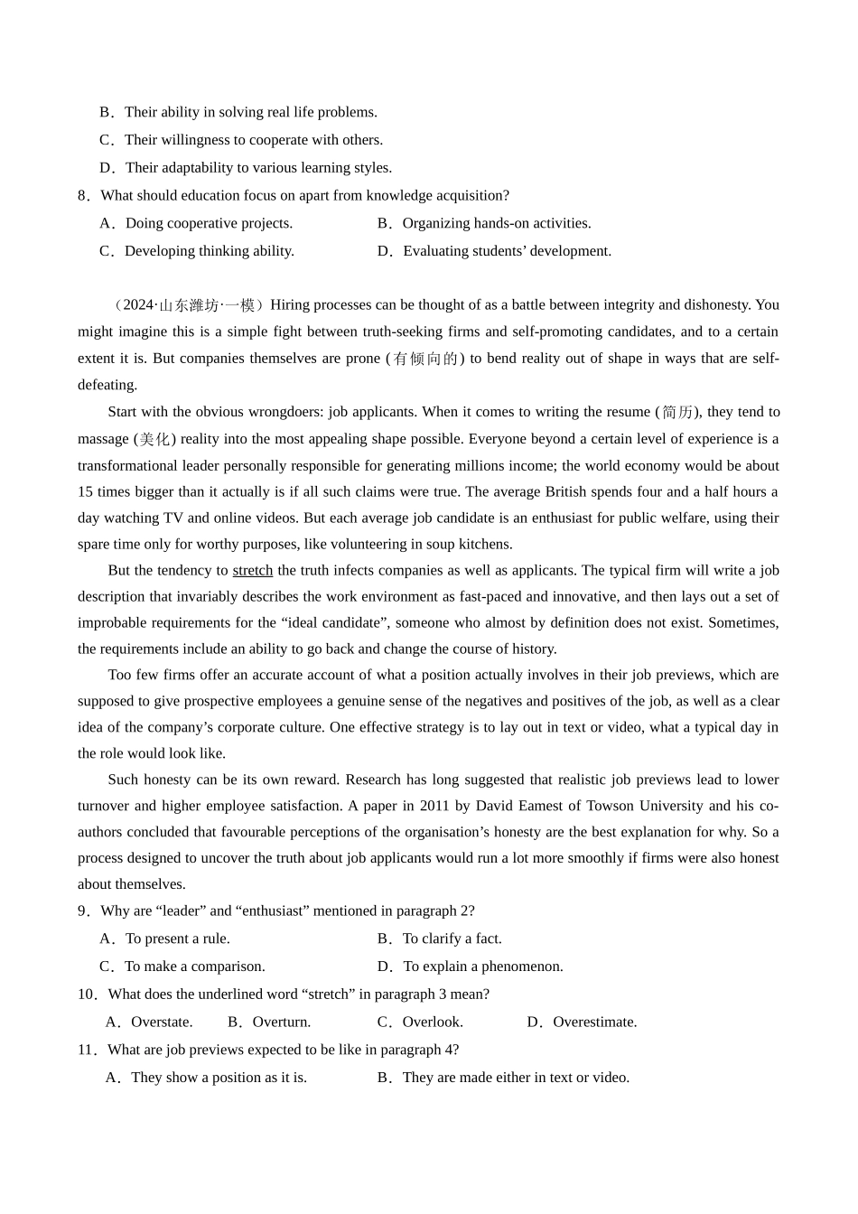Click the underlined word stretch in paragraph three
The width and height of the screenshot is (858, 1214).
pyautogui.click(x=252, y=570)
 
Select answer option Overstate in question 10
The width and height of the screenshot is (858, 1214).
pyautogui.click(x=161, y=1022)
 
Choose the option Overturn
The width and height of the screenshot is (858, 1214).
pyautogui.click(x=281, y=1022)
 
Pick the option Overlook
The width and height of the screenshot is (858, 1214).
pyautogui.click(x=432, y=1022)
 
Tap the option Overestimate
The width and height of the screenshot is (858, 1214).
pyautogui.click(x=594, y=1022)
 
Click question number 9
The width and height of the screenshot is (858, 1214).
pyautogui.click(x=83, y=910)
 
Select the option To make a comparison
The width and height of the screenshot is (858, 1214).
pyautogui.click(x=194, y=967)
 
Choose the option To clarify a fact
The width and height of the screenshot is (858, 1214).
pyautogui.click(x=452, y=939)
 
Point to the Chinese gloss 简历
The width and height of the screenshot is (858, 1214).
pyautogui.click(x=678, y=412)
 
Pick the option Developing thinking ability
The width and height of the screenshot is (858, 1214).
pyautogui.click(x=209, y=251)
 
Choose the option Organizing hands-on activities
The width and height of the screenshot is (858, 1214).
pyautogui.click(x=496, y=223)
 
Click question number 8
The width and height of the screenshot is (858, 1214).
pyautogui.click(x=83, y=195)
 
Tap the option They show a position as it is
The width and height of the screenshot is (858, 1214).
pyautogui.click(x=219, y=1078)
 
